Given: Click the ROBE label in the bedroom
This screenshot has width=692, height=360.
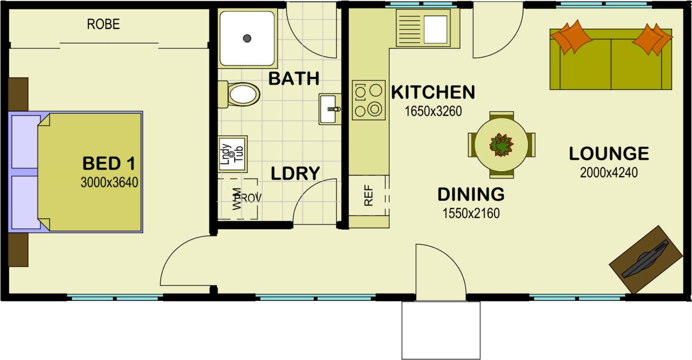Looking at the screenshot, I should (x=103, y=24).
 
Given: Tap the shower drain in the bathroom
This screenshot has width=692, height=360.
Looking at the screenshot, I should (x=247, y=38).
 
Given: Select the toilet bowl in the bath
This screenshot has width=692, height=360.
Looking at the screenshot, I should (x=243, y=95).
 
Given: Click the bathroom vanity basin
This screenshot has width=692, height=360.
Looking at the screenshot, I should (x=329, y=109).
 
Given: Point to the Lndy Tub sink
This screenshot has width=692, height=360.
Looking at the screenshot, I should (x=232, y=154).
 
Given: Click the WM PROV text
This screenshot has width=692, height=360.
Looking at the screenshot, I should (x=246, y=198).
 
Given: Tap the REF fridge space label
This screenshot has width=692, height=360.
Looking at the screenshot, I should (x=368, y=196).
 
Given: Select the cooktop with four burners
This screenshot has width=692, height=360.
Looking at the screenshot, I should (x=369, y=100).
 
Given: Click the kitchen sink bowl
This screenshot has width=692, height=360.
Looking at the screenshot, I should (x=435, y=29).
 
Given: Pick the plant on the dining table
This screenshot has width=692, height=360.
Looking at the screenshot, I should (x=501, y=145).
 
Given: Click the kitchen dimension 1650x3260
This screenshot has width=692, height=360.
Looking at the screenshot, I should (x=433, y=111).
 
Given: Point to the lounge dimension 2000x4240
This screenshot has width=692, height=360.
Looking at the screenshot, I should (x=608, y=173).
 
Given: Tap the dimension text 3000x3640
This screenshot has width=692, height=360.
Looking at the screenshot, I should (x=109, y=182).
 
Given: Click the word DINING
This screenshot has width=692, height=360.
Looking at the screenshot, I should (x=471, y=195).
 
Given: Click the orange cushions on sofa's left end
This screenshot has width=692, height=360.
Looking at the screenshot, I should (x=571, y=37).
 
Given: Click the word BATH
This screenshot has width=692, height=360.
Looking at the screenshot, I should (x=294, y=79).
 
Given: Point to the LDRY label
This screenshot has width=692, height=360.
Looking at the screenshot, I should (x=295, y=174).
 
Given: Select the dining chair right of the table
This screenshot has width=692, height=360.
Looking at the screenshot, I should (x=531, y=145).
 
